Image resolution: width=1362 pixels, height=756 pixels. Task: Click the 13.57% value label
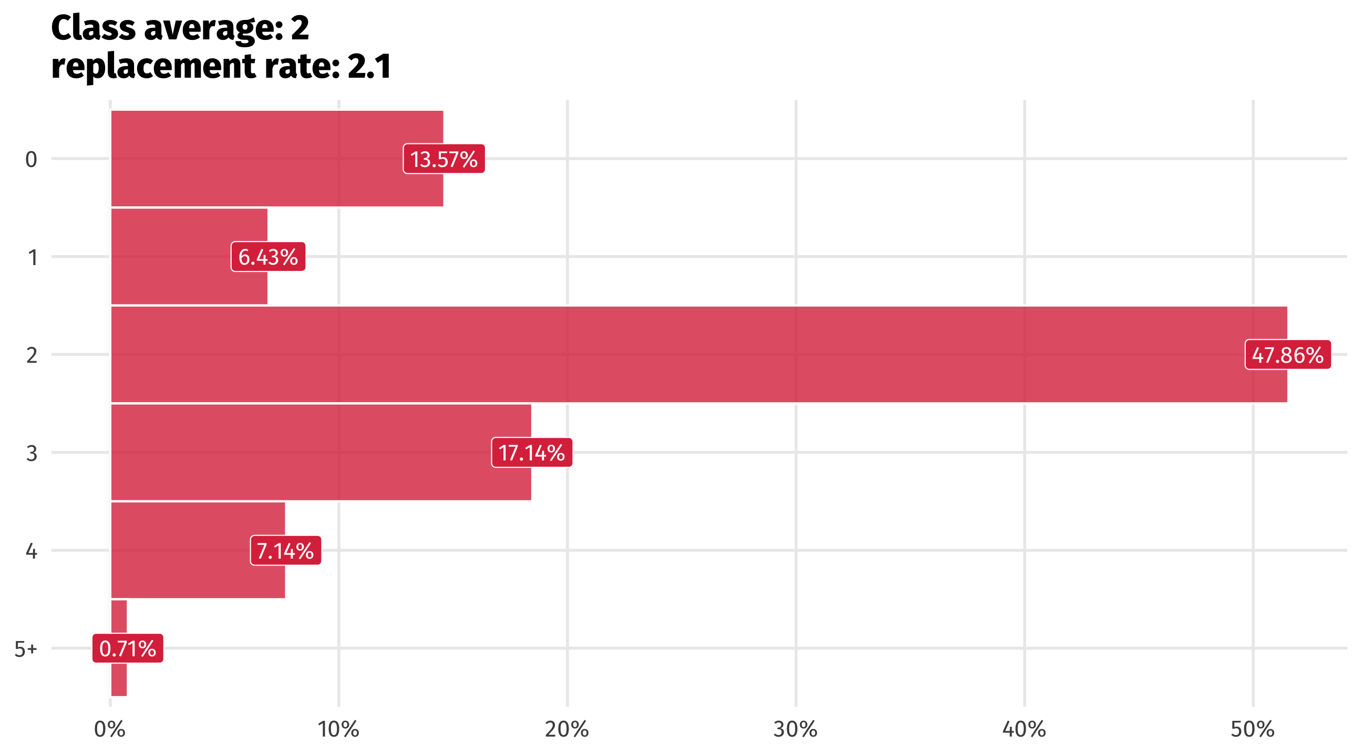(x=443, y=159)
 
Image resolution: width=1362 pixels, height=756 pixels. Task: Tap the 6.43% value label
(x=268, y=257)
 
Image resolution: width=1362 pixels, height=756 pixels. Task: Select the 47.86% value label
(x=1287, y=354)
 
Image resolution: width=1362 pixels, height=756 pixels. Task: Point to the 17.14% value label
(x=531, y=453)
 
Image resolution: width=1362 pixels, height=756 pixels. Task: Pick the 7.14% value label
(x=285, y=551)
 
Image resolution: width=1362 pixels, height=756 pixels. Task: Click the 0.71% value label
(x=127, y=648)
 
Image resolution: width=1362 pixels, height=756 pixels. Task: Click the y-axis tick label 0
(x=31, y=159)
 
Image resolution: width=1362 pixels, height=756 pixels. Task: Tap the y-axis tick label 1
(x=32, y=257)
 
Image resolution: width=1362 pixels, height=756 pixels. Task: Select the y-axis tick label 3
(x=31, y=453)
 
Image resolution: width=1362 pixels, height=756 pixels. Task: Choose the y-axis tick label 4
(x=31, y=551)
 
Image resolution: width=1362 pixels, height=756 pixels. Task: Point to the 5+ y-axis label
(x=25, y=649)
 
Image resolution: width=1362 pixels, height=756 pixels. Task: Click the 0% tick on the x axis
(x=109, y=730)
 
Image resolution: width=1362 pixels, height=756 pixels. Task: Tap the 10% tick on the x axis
(x=338, y=730)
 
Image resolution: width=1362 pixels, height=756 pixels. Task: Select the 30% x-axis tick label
(x=795, y=730)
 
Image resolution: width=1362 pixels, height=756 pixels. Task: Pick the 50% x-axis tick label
(x=1252, y=730)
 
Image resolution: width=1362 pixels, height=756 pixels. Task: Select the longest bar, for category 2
(x=687, y=354)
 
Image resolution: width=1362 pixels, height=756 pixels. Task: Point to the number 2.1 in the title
(x=369, y=67)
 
